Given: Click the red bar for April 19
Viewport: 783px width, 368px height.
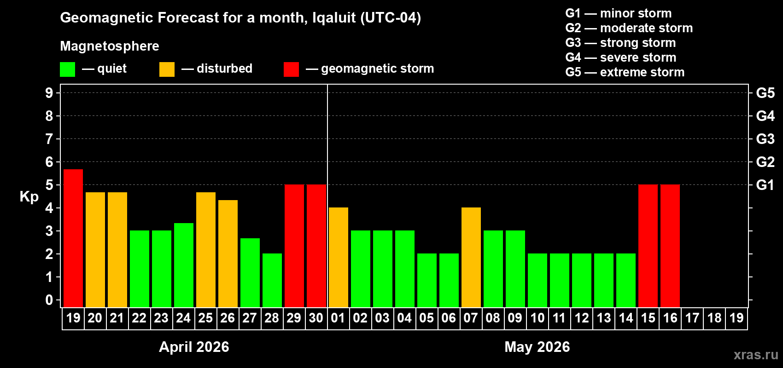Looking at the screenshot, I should pyautogui.click(x=73, y=238).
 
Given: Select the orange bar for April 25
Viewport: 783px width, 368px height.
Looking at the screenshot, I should pyautogui.click(x=206, y=250).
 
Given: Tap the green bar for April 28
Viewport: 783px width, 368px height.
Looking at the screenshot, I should pyautogui.click(x=272, y=280).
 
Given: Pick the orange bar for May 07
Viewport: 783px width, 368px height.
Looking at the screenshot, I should pyautogui.click(x=471, y=257).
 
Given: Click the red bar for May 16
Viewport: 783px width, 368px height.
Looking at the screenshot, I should pyautogui.click(x=670, y=246).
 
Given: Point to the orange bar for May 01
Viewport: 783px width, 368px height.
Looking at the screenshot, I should pyautogui.click(x=339, y=257).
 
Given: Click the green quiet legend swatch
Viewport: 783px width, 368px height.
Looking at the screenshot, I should pyautogui.click(x=68, y=69).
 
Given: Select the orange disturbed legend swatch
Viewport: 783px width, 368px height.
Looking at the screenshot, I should pyautogui.click(x=167, y=69).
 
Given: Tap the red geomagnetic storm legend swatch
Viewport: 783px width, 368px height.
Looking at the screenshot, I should pyautogui.click(x=291, y=69).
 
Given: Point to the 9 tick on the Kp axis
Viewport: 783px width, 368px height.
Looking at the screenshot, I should pyautogui.click(x=49, y=93).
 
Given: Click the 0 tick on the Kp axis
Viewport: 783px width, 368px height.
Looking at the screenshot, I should pyautogui.click(x=49, y=300).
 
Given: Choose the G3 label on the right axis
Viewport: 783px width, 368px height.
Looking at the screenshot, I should pyautogui.click(x=765, y=139).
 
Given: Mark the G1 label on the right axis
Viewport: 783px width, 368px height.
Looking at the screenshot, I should pyautogui.click(x=765, y=185).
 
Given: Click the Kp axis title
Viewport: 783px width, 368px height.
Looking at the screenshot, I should pyautogui.click(x=29, y=196).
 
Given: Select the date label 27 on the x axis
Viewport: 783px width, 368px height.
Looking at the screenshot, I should pyautogui.click(x=250, y=318).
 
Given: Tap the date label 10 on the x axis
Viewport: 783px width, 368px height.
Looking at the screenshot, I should pyautogui.click(x=537, y=318).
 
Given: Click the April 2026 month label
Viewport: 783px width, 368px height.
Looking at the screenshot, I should pyautogui.click(x=194, y=347).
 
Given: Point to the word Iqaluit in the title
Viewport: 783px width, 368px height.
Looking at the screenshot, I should pyautogui.click(x=334, y=17).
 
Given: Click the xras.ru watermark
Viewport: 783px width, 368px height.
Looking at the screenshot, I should pyautogui.click(x=756, y=355).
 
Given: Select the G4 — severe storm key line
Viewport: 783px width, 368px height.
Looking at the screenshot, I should pyautogui.click(x=620, y=57).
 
